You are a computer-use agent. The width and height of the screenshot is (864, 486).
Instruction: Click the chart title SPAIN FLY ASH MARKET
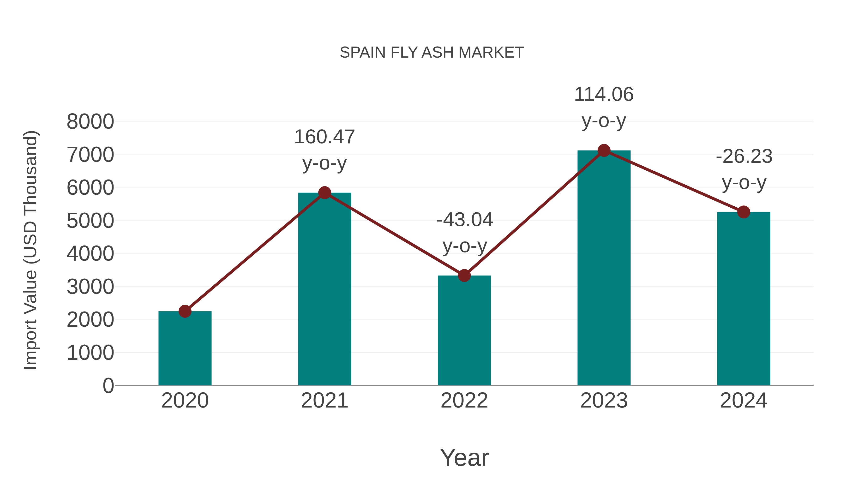pos(432,52)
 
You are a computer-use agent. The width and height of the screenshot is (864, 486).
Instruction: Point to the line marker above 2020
pos(185,311)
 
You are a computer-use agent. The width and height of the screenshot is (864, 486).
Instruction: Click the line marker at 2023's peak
pos(604,150)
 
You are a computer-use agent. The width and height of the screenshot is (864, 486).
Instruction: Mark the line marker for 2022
pos(464,276)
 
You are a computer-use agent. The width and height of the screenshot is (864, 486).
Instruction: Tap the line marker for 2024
pos(744,212)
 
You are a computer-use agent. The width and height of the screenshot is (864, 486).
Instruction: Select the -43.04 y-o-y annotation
pos(465,233)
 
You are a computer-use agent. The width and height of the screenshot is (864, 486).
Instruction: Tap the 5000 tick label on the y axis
pos(90,221)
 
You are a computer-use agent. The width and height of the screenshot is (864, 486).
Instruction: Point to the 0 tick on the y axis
pos(108,385)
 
